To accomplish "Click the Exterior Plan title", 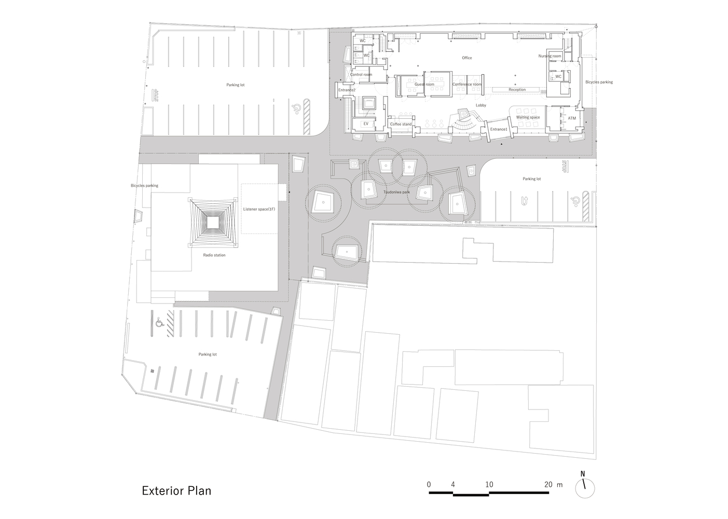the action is click(x=176, y=490).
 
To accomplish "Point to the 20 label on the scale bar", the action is click(x=548, y=485).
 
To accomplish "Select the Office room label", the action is click(x=466, y=58).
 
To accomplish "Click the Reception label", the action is click(x=517, y=89).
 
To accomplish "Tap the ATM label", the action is click(x=572, y=118).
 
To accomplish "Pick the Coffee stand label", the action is click(x=401, y=124).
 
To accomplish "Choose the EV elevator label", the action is click(x=366, y=124).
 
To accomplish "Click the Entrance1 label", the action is click(x=499, y=129).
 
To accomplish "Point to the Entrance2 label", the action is click(x=347, y=90).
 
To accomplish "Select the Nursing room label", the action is click(x=550, y=56).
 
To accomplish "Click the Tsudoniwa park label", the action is click(x=396, y=192).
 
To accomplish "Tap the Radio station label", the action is click(x=214, y=255).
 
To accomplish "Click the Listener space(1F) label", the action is click(x=259, y=209).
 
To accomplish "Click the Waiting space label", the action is click(x=528, y=117).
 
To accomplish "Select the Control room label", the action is click(x=361, y=74).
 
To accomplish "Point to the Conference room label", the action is click(x=466, y=84).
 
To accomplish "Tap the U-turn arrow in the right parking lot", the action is click(x=525, y=201).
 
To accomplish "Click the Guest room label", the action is click(x=424, y=84).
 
